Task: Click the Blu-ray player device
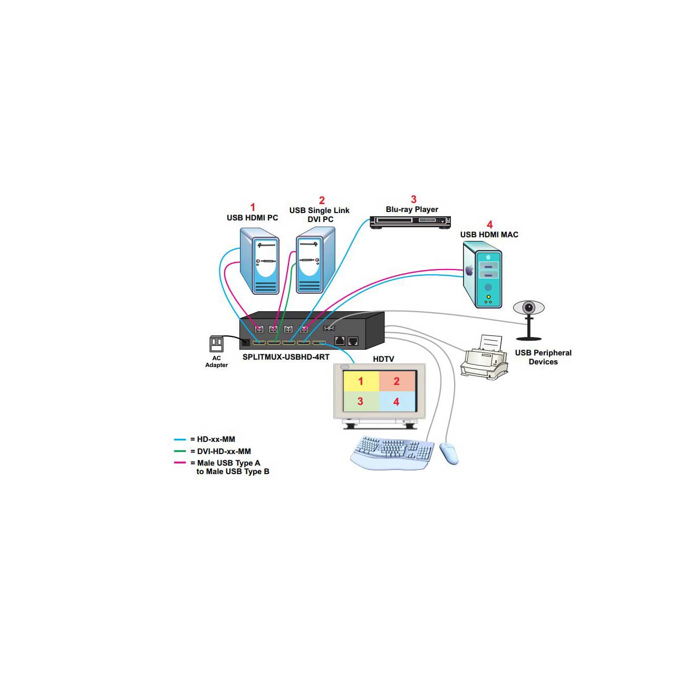click(x=410, y=221)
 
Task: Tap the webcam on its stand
click(x=528, y=316)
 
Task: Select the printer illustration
click(x=484, y=359)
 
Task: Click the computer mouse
click(x=449, y=453)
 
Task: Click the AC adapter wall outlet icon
click(x=216, y=344)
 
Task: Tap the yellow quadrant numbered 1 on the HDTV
click(x=361, y=381)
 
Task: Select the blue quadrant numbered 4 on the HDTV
click(x=397, y=401)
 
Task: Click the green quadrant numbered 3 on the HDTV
click(x=361, y=401)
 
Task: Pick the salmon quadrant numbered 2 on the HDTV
click(x=397, y=381)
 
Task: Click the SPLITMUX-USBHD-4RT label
click(x=286, y=357)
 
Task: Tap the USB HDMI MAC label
click(x=489, y=235)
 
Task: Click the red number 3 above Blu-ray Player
click(x=413, y=199)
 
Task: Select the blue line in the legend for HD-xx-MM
click(x=180, y=439)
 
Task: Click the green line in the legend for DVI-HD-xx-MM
click(x=180, y=451)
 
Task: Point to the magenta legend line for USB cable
click(x=180, y=463)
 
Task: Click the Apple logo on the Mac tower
click(x=469, y=271)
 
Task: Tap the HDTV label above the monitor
click(x=383, y=359)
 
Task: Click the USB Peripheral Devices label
click(x=543, y=357)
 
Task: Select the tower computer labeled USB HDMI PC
click(x=259, y=261)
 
